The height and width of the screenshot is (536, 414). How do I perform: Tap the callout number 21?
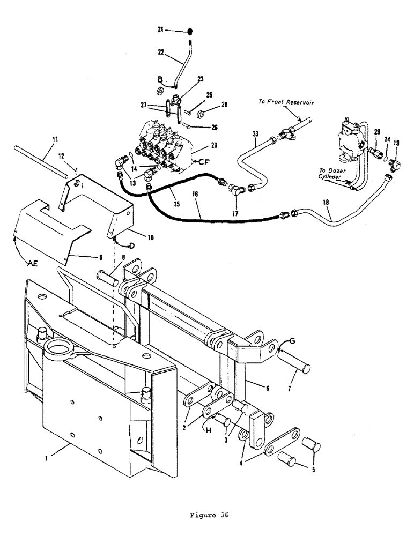click(x=160, y=31)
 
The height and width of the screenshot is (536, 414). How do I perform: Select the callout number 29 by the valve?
click(x=199, y=146)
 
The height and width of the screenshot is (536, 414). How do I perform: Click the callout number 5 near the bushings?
click(x=314, y=472)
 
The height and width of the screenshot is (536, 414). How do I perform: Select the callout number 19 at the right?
click(x=396, y=143)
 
